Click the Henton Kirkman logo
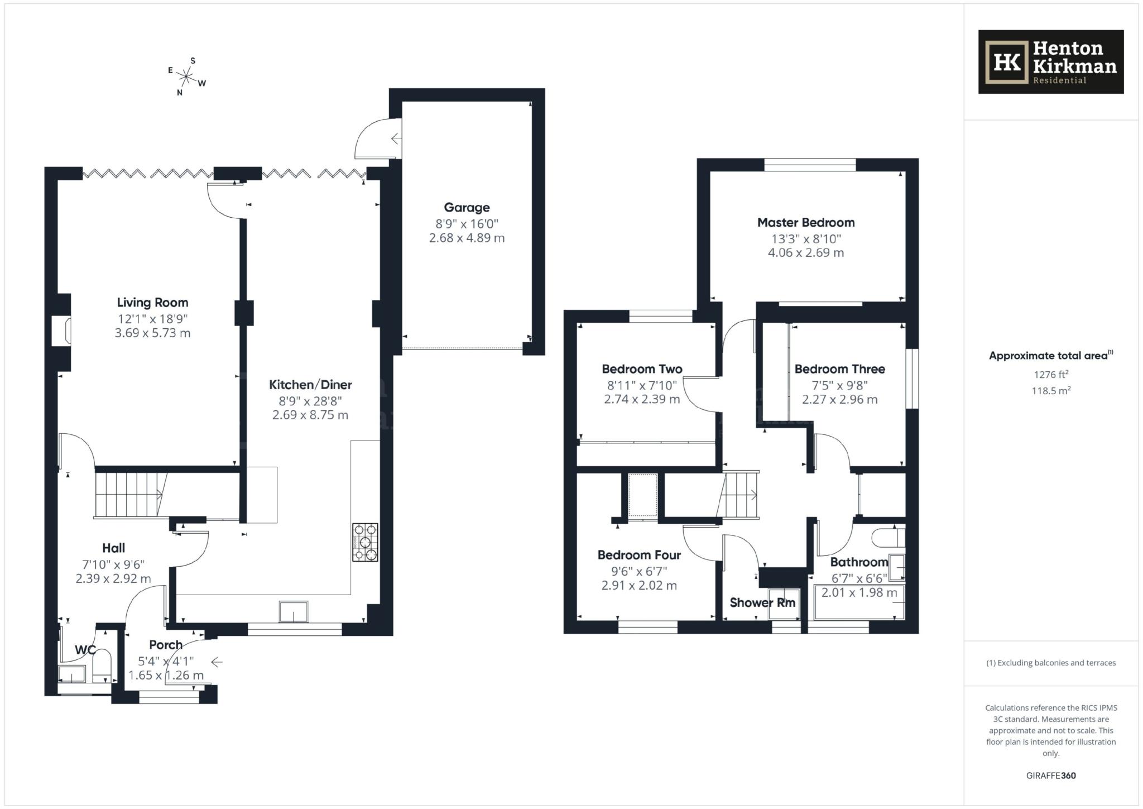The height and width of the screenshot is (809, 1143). [x=1050, y=62]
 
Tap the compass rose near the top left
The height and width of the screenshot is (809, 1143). [x=187, y=76]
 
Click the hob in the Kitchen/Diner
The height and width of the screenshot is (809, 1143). [x=365, y=542]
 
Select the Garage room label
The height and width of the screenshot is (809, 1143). [x=467, y=208]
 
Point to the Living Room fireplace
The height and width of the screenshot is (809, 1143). [x=61, y=331]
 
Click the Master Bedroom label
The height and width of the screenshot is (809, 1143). [x=805, y=223]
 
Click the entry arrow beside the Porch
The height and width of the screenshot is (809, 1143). [x=217, y=662]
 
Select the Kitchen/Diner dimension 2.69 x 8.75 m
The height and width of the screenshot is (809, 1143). [x=310, y=415]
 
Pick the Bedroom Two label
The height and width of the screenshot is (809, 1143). [x=642, y=369]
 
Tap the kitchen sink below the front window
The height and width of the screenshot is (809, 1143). [x=294, y=612]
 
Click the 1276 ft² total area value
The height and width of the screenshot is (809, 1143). [x=1051, y=375]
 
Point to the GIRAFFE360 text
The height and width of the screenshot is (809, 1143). [x=1050, y=776]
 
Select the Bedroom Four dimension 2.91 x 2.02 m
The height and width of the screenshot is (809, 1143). [x=639, y=586]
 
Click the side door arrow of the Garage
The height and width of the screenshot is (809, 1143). [x=396, y=138]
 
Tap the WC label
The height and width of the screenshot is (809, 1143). [x=85, y=650]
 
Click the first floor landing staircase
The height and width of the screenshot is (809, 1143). [x=739, y=495]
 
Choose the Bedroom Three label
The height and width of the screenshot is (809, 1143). [x=839, y=369]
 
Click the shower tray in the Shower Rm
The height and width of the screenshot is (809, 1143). [x=784, y=604]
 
